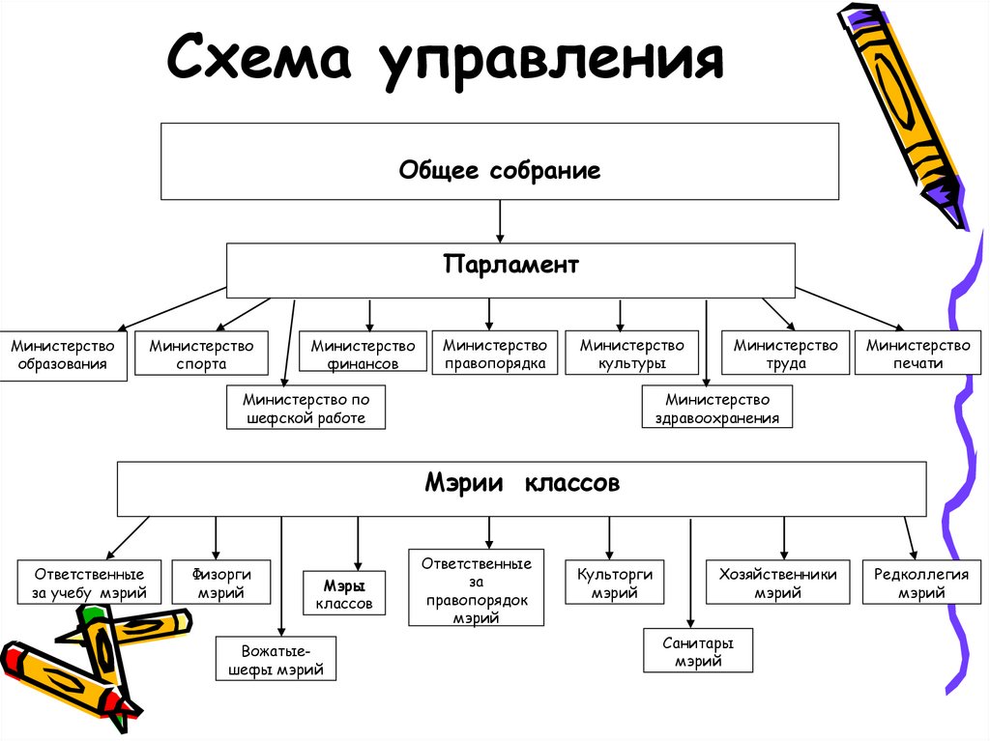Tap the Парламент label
click(510, 264)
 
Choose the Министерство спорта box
click(201, 355)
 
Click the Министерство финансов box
click(363, 354)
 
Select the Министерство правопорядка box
click(494, 354)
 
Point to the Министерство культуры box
click(631, 354)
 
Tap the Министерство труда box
click(785, 354)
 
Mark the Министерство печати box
click(917, 354)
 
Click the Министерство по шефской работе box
click(306, 408)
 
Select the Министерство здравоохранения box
click(717, 408)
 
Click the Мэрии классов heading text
click(522, 483)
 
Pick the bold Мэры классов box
click(343, 593)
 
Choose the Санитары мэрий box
click(698, 651)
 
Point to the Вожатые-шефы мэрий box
click(276, 659)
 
